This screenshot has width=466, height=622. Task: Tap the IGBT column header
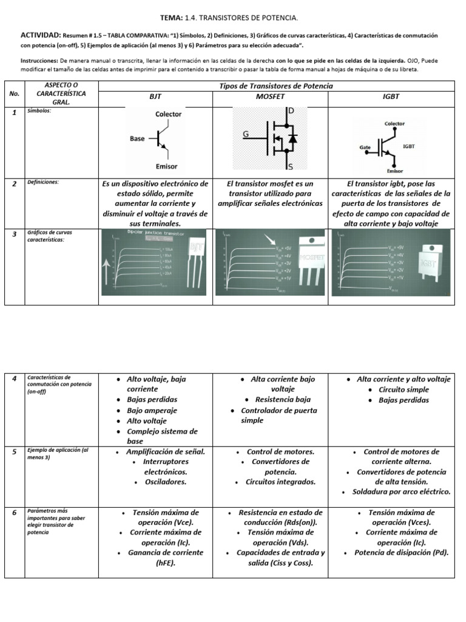391,97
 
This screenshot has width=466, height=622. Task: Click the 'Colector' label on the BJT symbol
168,114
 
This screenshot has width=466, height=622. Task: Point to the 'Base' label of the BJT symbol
137,138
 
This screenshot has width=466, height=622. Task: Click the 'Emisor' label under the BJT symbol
167,166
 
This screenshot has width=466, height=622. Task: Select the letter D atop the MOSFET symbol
291,111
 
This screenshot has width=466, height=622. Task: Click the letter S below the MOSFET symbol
291,166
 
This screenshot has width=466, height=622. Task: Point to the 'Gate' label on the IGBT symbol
365,148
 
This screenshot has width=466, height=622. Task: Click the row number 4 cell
14,379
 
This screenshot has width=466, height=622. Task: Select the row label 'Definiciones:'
43,182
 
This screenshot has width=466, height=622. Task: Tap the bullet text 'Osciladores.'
165,482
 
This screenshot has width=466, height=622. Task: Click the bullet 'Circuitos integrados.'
280,482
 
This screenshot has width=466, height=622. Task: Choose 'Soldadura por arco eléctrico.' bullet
402,492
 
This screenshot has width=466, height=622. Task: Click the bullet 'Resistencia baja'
283,400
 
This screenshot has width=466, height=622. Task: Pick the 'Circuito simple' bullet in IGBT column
404,389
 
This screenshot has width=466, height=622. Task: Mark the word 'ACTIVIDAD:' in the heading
40,36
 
